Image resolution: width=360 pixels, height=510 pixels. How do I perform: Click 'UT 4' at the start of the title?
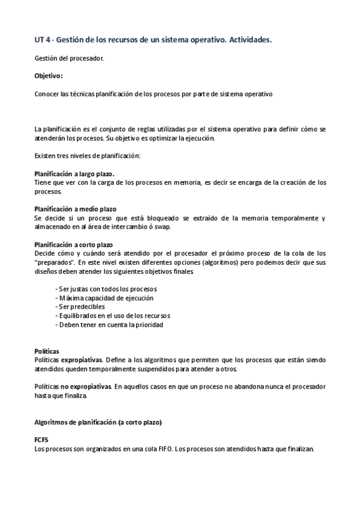pyautogui.click(x=41, y=39)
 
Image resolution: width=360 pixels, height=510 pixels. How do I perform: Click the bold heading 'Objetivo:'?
pyautogui.click(x=48, y=76)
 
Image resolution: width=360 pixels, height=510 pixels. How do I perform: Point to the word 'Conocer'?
pyautogui.click(x=46, y=94)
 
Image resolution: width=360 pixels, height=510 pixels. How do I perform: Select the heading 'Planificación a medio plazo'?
pyautogui.click(x=75, y=209)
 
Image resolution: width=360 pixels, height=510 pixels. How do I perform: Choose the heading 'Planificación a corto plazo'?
pyautogui.click(x=74, y=245)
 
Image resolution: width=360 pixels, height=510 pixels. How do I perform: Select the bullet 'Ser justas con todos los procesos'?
pyautogui.click(x=106, y=289)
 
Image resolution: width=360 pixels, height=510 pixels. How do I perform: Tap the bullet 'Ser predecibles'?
pyautogui.click(x=83, y=307)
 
